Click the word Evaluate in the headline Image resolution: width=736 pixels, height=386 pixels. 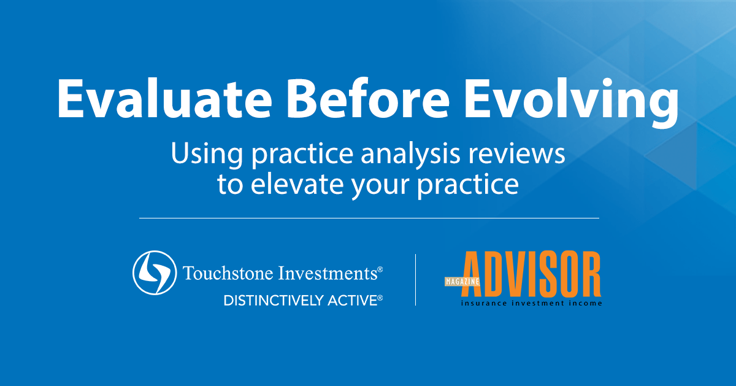[164, 99]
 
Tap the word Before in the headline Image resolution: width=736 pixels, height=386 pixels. [368, 99]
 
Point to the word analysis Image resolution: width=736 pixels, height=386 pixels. [410, 155]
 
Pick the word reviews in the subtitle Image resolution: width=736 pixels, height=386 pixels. [517, 155]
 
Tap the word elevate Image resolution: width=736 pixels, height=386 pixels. [297, 183]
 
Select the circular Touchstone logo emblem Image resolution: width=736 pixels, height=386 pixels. [155, 272]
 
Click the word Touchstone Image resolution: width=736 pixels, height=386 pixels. [228, 273]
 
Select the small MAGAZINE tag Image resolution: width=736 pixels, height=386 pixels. [462, 282]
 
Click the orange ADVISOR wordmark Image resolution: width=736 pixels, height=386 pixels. [531, 274]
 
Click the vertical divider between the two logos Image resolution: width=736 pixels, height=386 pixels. [416, 280]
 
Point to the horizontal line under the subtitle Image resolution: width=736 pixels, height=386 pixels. [369, 218]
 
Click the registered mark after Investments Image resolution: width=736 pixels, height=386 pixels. [380, 269]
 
